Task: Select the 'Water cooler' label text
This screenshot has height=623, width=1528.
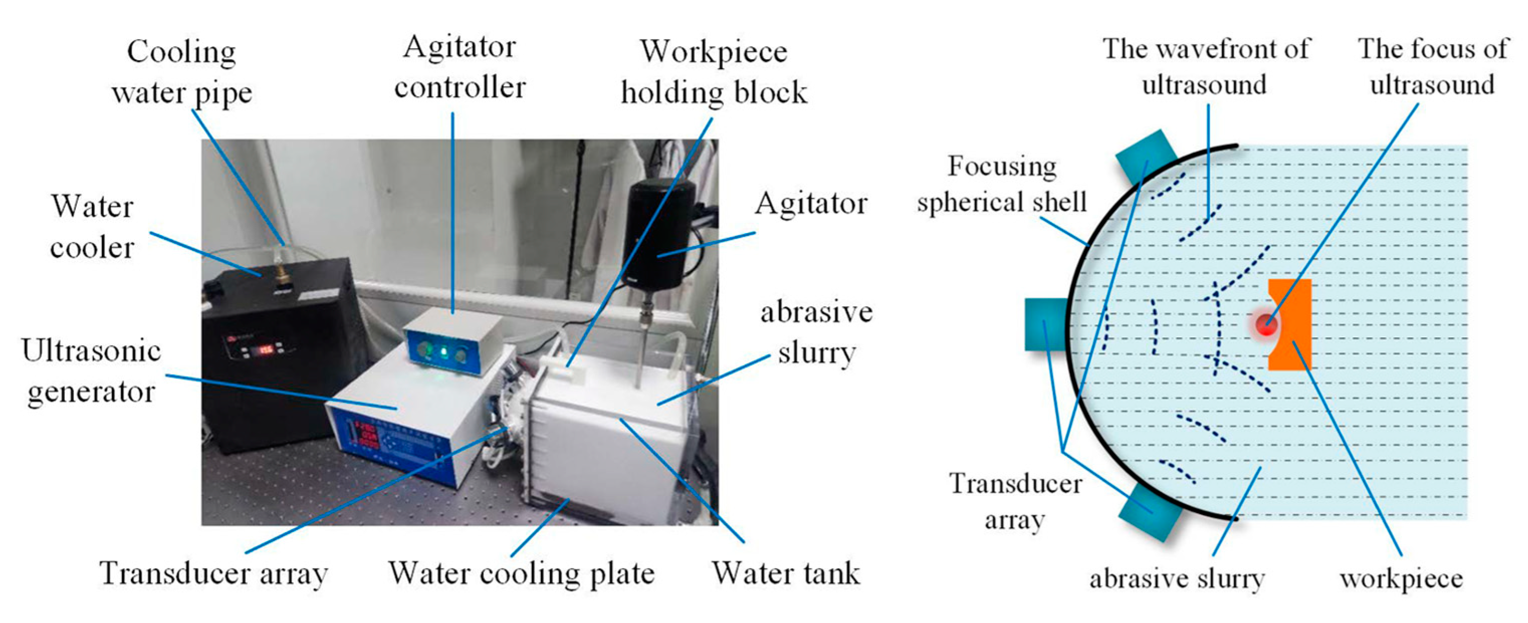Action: click(x=92, y=227)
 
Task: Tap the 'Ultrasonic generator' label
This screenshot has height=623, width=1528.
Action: click(x=91, y=371)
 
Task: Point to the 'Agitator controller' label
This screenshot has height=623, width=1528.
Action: click(x=459, y=67)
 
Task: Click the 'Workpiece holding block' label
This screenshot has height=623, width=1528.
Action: click(x=714, y=72)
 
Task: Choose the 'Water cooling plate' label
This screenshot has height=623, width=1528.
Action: click(x=521, y=574)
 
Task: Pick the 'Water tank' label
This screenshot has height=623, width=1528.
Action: click(x=786, y=574)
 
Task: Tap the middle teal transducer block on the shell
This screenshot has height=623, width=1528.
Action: click(x=1045, y=324)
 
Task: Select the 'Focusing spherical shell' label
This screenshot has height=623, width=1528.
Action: click(x=1002, y=184)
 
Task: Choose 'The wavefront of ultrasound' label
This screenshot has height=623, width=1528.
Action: click(x=1205, y=67)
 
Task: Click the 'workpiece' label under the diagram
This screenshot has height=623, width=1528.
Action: click(x=1401, y=578)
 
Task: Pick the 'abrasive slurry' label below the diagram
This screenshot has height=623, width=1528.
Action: click(x=1177, y=578)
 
